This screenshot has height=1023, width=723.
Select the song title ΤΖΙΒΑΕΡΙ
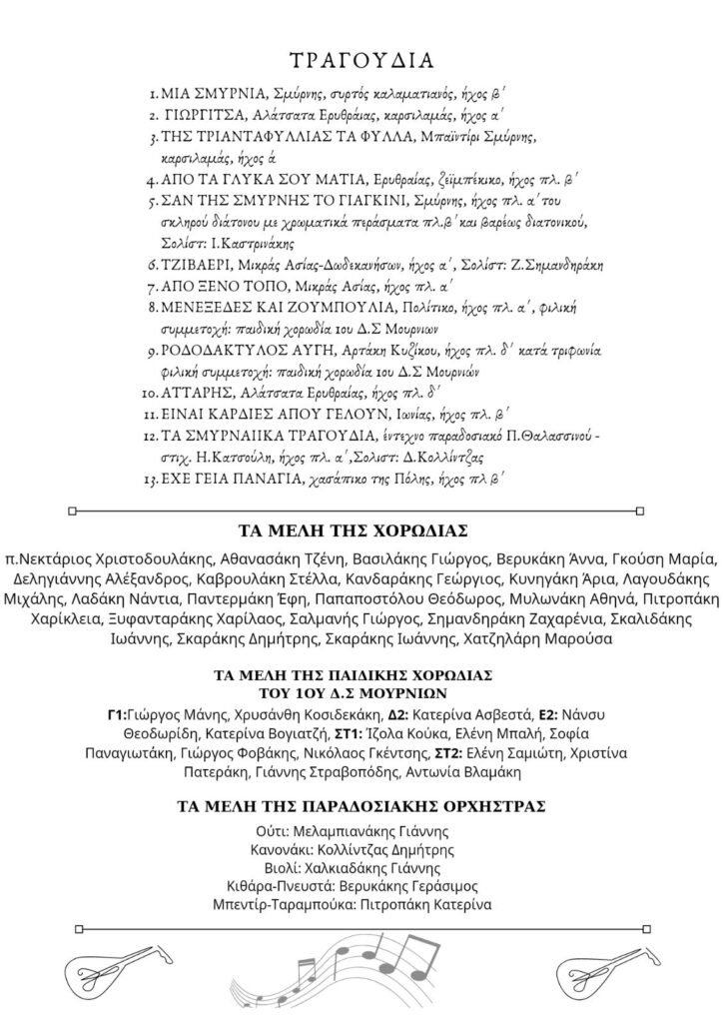(x=195, y=266)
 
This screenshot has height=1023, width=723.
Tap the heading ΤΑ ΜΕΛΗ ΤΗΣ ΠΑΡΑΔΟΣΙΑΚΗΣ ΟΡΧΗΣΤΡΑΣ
(x=361, y=805)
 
